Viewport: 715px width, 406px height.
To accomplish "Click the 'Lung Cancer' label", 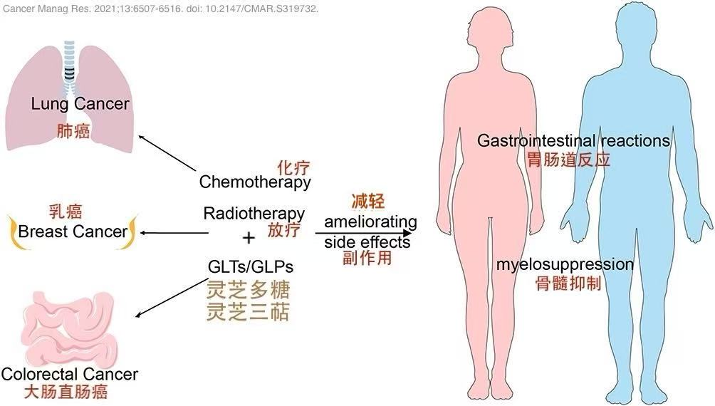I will tap(80, 104).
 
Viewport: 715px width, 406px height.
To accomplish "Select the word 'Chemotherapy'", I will tap(255, 182).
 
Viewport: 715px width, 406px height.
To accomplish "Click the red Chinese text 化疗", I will tap(293, 167).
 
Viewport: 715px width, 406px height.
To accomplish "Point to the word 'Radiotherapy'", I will tap(254, 213).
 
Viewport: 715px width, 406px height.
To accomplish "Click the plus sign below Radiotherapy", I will tap(249, 237).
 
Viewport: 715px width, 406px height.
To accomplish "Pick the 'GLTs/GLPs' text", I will tap(250, 266).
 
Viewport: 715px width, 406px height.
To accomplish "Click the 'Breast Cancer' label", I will tap(73, 231).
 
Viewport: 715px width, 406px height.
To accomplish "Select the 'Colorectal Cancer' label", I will tap(70, 374).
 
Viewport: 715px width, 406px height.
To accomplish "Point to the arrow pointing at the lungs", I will tap(167, 152).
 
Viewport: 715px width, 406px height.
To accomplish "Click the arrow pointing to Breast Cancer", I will tap(170, 233).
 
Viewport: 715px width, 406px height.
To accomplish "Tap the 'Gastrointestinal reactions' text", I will tap(573, 140).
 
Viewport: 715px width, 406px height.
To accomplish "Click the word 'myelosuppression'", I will tap(564, 265).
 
